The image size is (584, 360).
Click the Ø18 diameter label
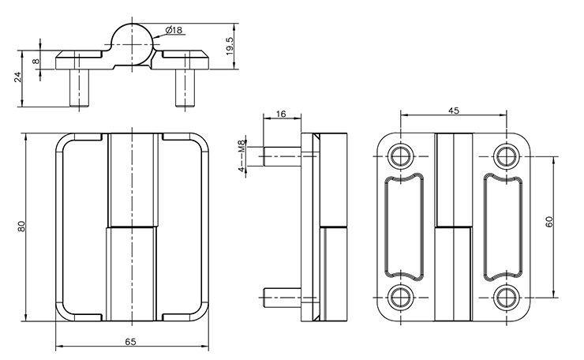tap(174, 30)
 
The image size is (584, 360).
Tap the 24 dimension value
tap(17, 77)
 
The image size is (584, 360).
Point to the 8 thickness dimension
tap(36, 60)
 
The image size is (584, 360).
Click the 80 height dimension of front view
tap(22, 226)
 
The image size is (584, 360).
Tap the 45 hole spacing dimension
tap(453, 111)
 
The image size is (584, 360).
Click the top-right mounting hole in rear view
tap(505, 154)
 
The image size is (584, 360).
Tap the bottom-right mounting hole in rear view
tap(505, 296)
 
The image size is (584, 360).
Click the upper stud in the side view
tap(281, 155)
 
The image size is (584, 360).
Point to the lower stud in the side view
tap(281, 297)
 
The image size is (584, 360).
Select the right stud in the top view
tap(182, 88)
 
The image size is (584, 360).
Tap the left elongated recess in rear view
tap(402, 225)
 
